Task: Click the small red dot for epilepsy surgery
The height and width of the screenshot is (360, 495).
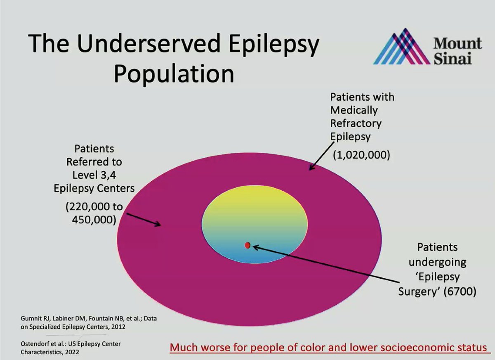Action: coord(247,245)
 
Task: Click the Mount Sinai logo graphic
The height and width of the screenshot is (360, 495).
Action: coord(402,46)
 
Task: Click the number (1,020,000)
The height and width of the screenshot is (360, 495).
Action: coord(361,156)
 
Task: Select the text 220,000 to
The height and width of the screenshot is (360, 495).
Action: coord(94,206)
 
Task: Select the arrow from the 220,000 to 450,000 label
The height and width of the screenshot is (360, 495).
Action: coord(144,219)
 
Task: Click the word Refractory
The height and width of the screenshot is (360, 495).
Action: coord(356,123)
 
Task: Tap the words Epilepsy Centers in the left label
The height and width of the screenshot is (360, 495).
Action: coord(94,188)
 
